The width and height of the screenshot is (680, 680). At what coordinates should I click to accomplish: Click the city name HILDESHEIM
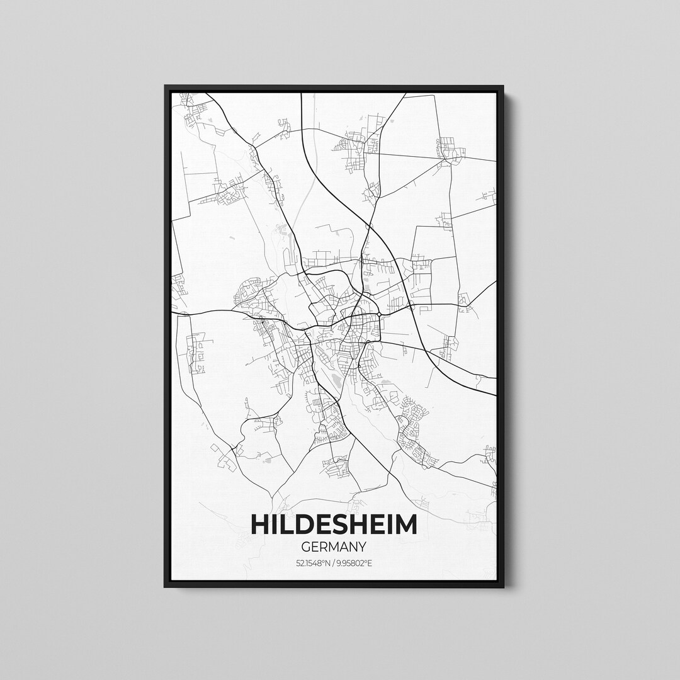334,524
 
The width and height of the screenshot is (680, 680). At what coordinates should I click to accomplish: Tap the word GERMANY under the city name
334,547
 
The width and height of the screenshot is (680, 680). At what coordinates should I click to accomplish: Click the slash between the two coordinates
334,563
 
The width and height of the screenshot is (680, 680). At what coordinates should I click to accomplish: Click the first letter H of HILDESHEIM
261,524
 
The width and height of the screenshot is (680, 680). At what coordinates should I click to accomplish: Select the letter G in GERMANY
306,547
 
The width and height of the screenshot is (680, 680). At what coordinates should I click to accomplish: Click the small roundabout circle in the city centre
380,314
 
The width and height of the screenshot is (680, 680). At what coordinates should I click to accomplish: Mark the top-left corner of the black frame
166,86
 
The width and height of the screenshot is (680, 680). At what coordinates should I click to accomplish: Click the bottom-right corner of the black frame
502,587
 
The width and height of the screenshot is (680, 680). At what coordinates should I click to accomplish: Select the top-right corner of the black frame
502,86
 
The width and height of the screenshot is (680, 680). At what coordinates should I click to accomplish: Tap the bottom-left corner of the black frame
166,587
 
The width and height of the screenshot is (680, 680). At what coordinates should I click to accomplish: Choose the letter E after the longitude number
370,563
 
